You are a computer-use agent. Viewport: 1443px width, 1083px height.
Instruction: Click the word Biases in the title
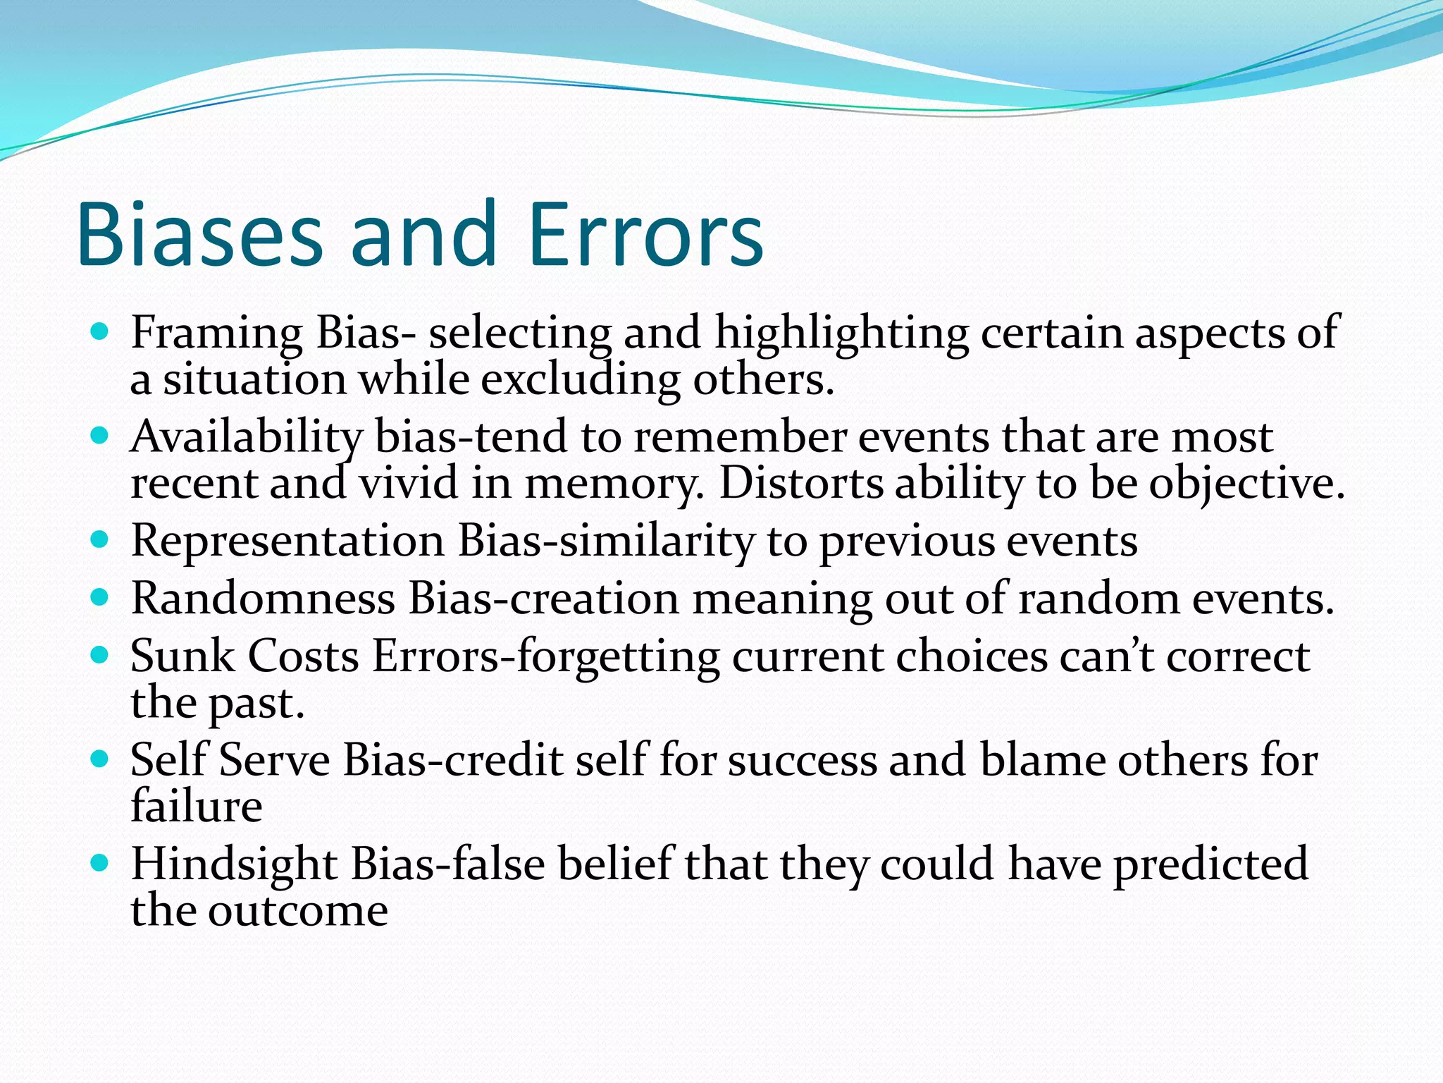point(199,235)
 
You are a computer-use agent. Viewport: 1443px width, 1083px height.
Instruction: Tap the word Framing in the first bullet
point(216,333)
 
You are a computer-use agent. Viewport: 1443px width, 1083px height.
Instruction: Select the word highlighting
point(841,333)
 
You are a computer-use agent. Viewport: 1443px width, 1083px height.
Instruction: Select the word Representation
point(287,541)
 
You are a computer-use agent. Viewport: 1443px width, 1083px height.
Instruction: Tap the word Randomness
point(263,599)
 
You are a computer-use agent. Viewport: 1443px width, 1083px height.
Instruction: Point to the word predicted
point(1210,864)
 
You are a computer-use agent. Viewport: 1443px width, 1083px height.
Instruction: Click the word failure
point(197,807)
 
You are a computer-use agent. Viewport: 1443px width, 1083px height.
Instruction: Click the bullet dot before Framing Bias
point(100,331)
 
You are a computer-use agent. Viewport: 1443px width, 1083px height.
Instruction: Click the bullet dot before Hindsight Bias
point(100,862)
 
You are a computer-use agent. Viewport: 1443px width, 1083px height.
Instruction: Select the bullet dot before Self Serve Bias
point(100,759)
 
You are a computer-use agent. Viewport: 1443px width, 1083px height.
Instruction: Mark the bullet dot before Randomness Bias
point(100,598)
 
